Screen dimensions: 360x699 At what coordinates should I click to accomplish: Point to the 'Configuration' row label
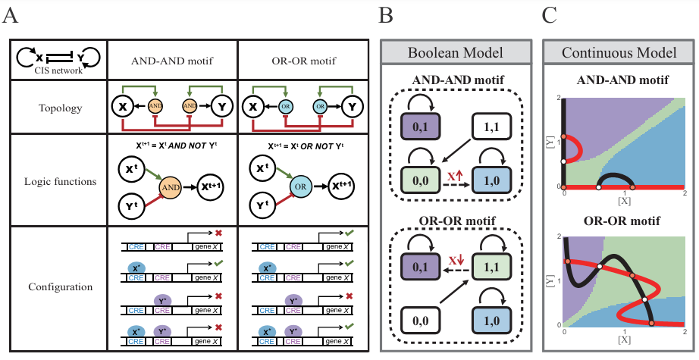coord(60,287)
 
